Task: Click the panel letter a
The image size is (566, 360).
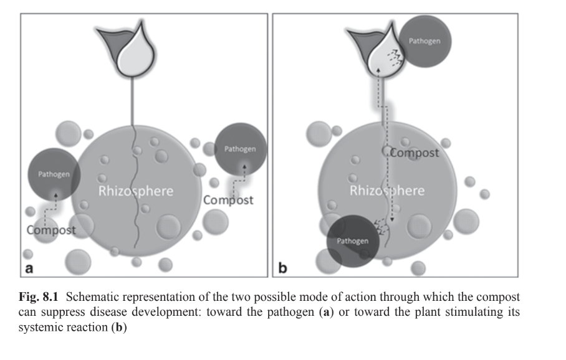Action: point(29,268)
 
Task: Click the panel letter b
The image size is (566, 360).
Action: point(282,268)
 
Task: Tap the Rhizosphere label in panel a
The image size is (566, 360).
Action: point(135,191)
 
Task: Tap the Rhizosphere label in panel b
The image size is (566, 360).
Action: point(386,190)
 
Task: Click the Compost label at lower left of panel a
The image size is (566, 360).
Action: point(51,230)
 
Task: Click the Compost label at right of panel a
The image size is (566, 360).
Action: point(229,200)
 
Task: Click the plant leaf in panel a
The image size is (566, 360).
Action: point(131,50)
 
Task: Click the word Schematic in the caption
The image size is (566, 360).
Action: point(87,296)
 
